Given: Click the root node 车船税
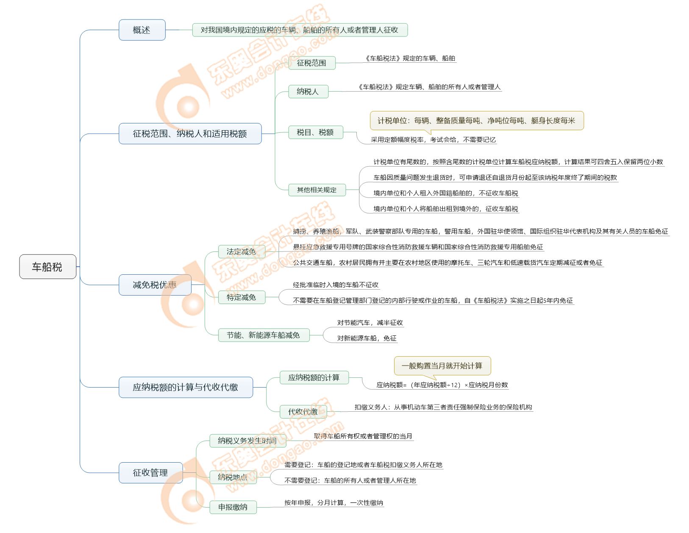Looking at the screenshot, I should tap(47, 267).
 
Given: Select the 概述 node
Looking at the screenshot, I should tap(142, 30).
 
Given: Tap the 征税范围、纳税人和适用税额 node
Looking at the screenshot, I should tap(190, 134).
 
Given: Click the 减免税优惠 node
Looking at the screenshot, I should tap(155, 285).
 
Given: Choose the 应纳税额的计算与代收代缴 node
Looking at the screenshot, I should tap(186, 387).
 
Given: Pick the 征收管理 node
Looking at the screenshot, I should tap(150, 473).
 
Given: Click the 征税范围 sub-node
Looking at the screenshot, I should tap(311, 63).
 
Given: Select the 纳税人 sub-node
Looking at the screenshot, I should tap(308, 92).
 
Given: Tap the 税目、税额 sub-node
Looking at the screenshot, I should tap(315, 132).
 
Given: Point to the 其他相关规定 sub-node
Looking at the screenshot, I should tap(317, 190).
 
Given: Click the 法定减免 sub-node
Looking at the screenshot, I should tap(242, 252).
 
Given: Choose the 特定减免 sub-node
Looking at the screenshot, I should tap(242, 298).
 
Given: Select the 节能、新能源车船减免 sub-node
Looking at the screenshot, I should tap(264, 335).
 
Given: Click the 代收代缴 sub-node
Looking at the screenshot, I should tap(303, 412).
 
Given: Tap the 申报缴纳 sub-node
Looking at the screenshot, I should tap(233, 507).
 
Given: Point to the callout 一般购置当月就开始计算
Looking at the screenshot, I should tap(442, 366).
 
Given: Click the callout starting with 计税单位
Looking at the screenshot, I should tap(477, 120).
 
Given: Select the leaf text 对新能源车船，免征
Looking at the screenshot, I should tap(367, 338).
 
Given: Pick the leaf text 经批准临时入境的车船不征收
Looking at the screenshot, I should tap(336, 285).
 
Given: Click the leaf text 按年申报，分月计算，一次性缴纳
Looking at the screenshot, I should tap(334, 503).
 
